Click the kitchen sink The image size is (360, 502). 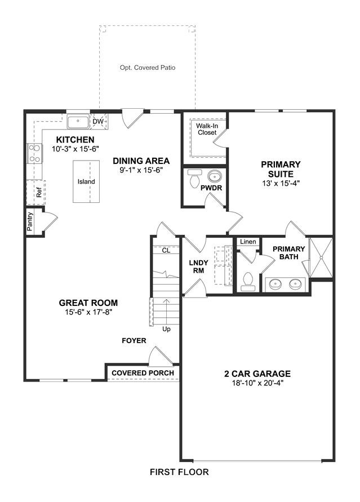(x=78, y=121)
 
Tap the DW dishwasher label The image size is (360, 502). (x=98, y=122)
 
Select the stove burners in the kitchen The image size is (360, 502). (x=34, y=153)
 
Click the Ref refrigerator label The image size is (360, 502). (x=39, y=193)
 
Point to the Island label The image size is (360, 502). (x=86, y=181)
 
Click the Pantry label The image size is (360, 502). (x=30, y=221)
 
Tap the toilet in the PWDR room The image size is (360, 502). (x=194, y=179)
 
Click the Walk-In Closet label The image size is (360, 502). (x=207, y=129)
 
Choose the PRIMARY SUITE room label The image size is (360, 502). (x=281, y=169)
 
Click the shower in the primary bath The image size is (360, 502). (x=321, y=257)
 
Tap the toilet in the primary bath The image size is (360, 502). (x=248, y=281)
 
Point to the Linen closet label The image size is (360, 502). (x=248, y=242)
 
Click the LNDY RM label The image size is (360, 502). (x=198, y=266)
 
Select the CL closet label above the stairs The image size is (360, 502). (x=166, y=250)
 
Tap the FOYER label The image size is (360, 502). (x=134, y=341)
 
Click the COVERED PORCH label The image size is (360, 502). (x=143, y=373)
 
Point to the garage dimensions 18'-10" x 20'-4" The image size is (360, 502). (x=257, y=383)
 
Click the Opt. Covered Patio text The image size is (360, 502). (x=148, y=68)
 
